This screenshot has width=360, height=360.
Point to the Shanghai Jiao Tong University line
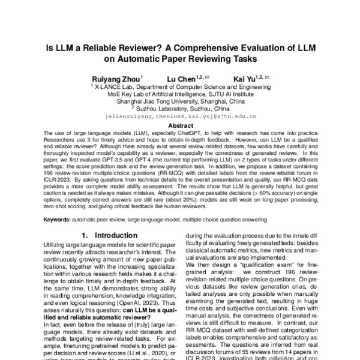[x=180, y=101]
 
